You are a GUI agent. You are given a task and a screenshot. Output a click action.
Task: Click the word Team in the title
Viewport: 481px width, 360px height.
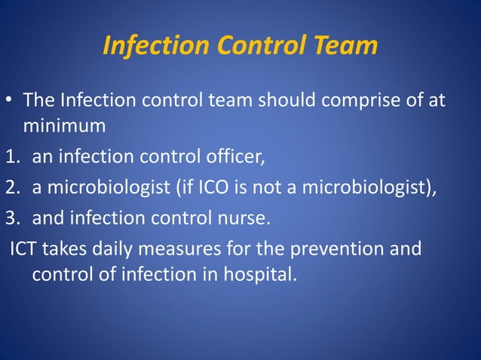344,47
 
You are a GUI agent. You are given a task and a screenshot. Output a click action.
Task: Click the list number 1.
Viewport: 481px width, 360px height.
11,157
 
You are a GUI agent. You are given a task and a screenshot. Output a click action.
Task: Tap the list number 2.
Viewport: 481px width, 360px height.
11,188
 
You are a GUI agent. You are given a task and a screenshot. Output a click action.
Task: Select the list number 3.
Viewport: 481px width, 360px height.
11,218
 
